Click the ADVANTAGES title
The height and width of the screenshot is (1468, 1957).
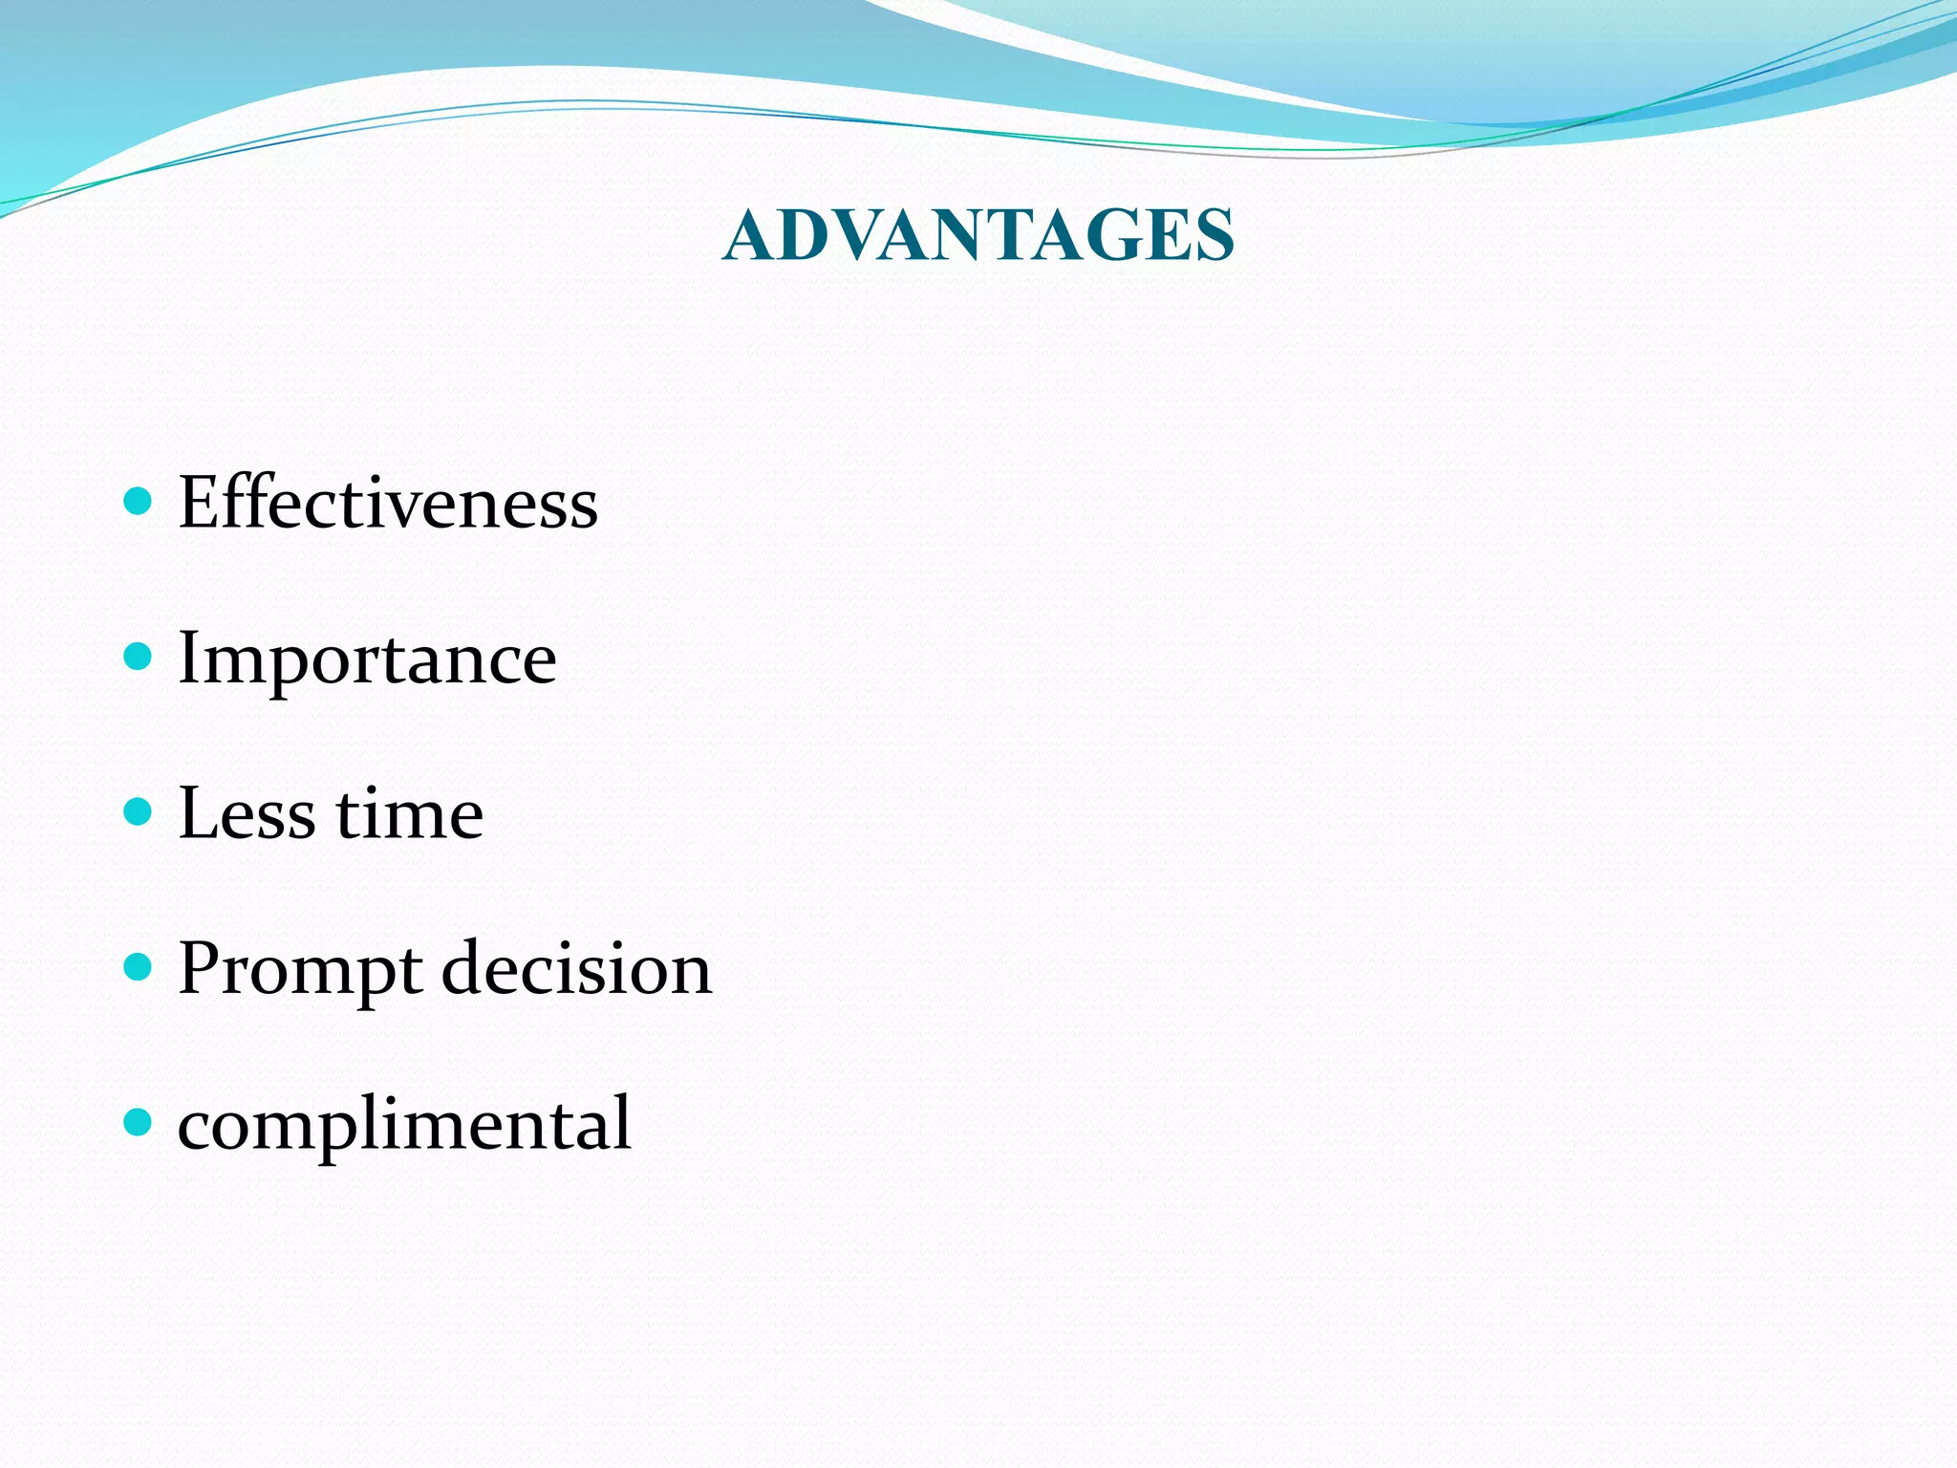pos(978,235)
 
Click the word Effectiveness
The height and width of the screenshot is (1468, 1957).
pos(388,504)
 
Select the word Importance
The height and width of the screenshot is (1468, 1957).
pos(367,659)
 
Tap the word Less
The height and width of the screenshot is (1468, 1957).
pos(247,814)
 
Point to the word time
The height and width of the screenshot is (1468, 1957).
pos(409,814)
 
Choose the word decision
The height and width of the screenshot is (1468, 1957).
pos(577,969)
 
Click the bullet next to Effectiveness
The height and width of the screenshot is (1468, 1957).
pos(139,500)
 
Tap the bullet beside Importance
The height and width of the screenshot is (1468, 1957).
pos(139,656)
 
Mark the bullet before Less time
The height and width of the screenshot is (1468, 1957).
pos(139,811)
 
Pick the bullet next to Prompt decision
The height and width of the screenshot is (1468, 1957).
pos(139,967)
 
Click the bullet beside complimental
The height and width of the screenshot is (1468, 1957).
pos(139,1122)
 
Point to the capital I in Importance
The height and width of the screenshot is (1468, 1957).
pos(190,658)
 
